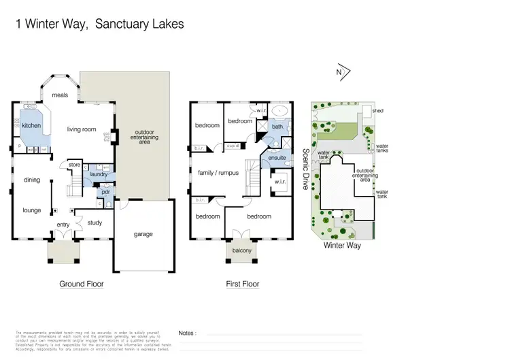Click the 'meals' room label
coord(60,95)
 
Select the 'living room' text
coord(81,129)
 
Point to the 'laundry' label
coord(99,175)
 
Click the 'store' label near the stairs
coord(75,164)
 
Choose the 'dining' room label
coord(31,180)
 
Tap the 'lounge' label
coord(32,210)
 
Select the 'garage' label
coord(143,234)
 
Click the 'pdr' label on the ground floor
coord(105,192)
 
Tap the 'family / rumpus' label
coord(218,173)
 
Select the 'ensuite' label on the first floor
coord(277,158)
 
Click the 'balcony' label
coord(241,251)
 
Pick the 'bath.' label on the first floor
coord(277,127)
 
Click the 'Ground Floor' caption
coord(82,284)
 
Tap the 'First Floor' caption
coord(243,284)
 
